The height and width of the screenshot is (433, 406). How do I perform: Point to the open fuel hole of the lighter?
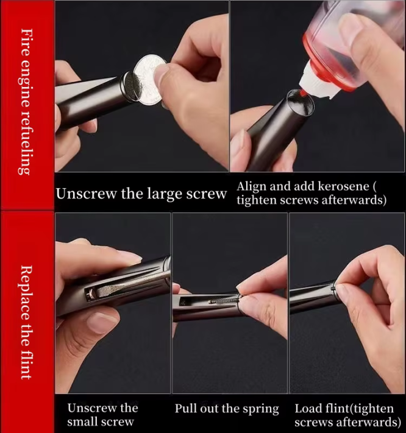click(x=300, y=102)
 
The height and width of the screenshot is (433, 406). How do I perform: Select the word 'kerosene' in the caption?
click(x=343, y=186)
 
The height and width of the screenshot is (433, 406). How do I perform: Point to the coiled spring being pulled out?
click(x=223, y=300)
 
